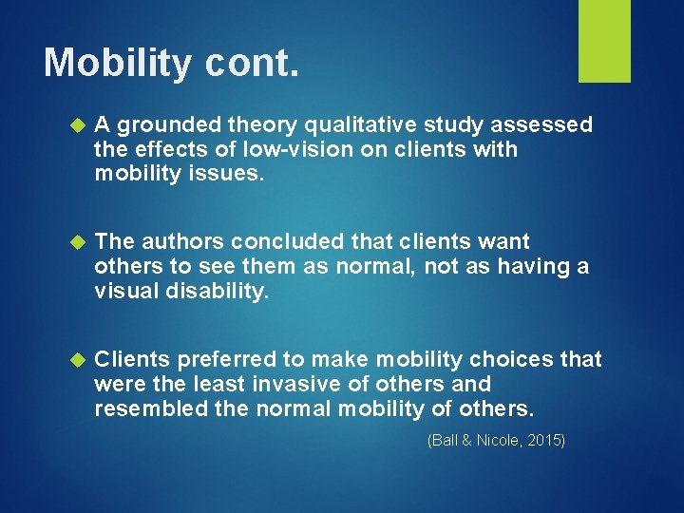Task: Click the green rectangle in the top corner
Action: pyautogui.click(x=604, y=40)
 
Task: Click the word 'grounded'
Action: pyautogui.click(x=163, y=125)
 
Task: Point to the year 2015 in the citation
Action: pyautogui.click(x=543, y=440)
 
